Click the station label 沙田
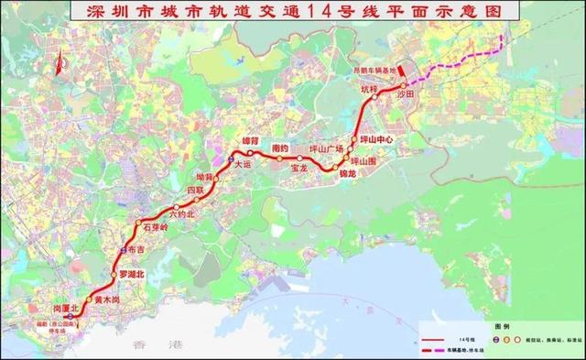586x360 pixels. click(x=406, y=94)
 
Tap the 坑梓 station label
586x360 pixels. click(x=368, y=90)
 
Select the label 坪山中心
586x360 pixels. click(x=377, y=140)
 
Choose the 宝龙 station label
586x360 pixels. click(x=299, y=169)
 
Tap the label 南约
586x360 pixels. click(x=280, y=148)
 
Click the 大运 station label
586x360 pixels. click(x=241, y=165)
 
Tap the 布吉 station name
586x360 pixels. click(x=136, y=248)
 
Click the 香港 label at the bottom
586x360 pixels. click(x=146, y=346)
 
